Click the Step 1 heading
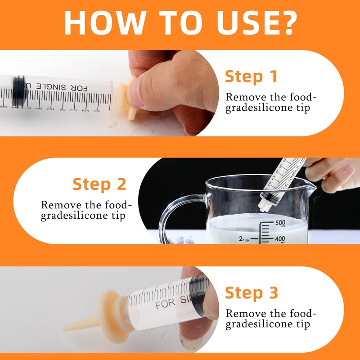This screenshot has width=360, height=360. click(251, 76)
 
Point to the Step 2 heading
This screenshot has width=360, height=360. click(99, 184)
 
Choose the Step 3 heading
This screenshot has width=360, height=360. click(252, 293)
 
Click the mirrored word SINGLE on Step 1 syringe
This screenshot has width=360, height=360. click(51, 87)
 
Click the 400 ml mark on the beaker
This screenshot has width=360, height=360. click(280, 239)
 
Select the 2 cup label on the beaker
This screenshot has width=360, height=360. click(244, 239)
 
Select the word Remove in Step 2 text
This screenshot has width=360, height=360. click(61, 205)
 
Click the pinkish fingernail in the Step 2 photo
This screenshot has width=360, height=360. click(349, 168)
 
